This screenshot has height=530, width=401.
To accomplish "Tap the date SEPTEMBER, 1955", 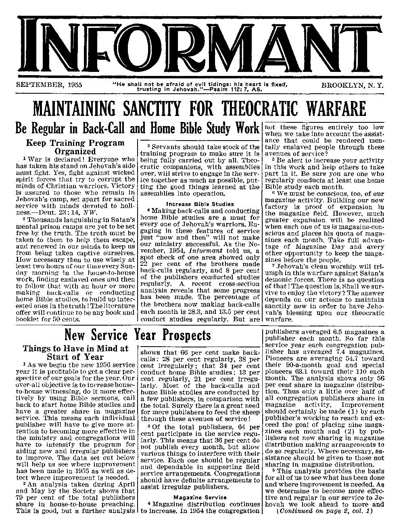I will [x=48, y=85].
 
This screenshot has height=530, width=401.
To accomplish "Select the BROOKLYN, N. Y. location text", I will [x=352, y=85].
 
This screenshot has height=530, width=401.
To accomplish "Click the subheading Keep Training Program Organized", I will [x=75, y=147].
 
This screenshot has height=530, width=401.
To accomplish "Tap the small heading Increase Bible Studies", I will [x=200, y=204].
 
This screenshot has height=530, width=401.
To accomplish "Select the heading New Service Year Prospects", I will [x=138, y=335].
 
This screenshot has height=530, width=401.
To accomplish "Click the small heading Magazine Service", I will [x=200, y=497].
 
